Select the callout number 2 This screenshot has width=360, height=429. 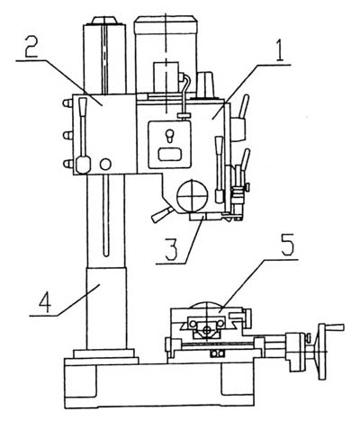(31, 46)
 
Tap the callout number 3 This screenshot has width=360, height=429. (171, 249)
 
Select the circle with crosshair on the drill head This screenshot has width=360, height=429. (193, 195)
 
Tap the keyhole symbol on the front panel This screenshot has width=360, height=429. (169, 136)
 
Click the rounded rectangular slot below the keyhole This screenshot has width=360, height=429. (170, 155)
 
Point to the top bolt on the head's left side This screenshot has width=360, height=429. (67, 103)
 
